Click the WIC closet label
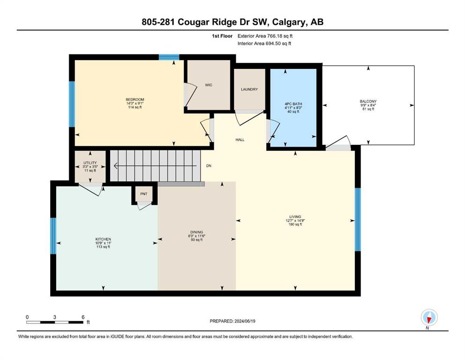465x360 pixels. coord(208,85)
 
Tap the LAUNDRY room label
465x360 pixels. coord(249,90)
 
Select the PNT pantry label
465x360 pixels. coord(144,194)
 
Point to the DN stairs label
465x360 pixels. coord(209,165)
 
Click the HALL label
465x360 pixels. coord(240,140)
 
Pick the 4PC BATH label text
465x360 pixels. coord(293,104)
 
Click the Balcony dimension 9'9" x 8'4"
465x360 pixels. coord(369,105)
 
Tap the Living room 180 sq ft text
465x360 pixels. coord(295,225)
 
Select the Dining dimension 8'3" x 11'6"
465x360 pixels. coord(197,236)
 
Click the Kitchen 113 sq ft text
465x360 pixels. coord(103,247)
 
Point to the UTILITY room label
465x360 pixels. coord(90,163)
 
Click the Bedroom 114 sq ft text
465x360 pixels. coord(135,107)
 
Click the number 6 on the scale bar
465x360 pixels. coord(83,317)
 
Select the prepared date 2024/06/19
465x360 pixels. coord(244,321)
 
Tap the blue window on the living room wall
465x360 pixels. coord(358,219)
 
